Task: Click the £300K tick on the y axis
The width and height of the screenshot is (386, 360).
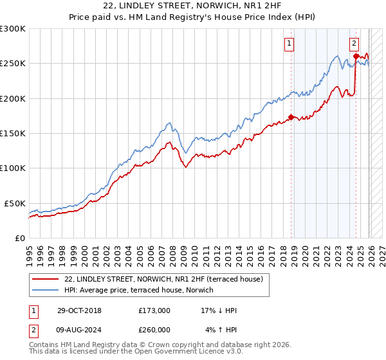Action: point(13,30)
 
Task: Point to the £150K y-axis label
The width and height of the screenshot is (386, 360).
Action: point(13,134)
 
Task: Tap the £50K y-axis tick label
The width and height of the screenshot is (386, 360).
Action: point(15,203)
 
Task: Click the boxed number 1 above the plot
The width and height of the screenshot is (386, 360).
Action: point(289,44)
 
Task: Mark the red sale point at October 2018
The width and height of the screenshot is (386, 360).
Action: point(291,117)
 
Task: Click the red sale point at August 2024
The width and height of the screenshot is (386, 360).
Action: point(355,57)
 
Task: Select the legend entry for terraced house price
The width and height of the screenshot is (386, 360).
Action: point(164,280)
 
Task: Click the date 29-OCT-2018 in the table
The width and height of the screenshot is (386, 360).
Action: point(74,310)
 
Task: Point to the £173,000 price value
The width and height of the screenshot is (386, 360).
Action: point(154,310)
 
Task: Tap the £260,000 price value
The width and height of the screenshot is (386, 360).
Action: point(154,330)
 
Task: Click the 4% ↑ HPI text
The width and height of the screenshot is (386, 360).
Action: point(222,330)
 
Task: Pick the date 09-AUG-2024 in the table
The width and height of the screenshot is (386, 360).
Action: point(74,330)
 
